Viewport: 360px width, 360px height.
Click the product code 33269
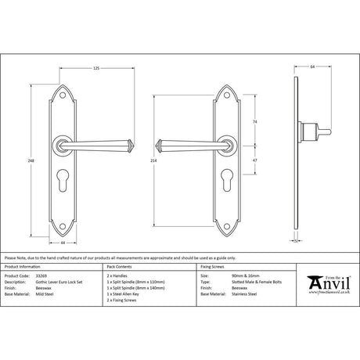(x=44, y=276)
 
